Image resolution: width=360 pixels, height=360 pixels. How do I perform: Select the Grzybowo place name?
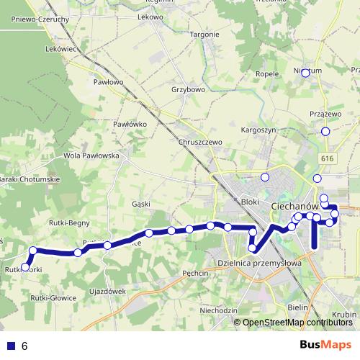189,90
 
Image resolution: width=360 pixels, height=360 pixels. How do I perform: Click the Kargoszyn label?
258,130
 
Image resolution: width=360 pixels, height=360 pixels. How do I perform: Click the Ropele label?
266,73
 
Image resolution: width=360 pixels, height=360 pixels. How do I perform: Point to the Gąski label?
141,204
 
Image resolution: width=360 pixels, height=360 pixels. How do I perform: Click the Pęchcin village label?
195,274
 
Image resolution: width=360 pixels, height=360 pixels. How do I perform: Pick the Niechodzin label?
219,310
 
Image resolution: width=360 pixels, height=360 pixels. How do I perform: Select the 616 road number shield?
328,158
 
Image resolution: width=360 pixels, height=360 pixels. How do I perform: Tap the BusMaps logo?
325,345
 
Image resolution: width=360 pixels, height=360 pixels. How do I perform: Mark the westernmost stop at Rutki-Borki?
25,267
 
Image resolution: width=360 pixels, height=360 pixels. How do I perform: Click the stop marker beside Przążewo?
325,131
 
